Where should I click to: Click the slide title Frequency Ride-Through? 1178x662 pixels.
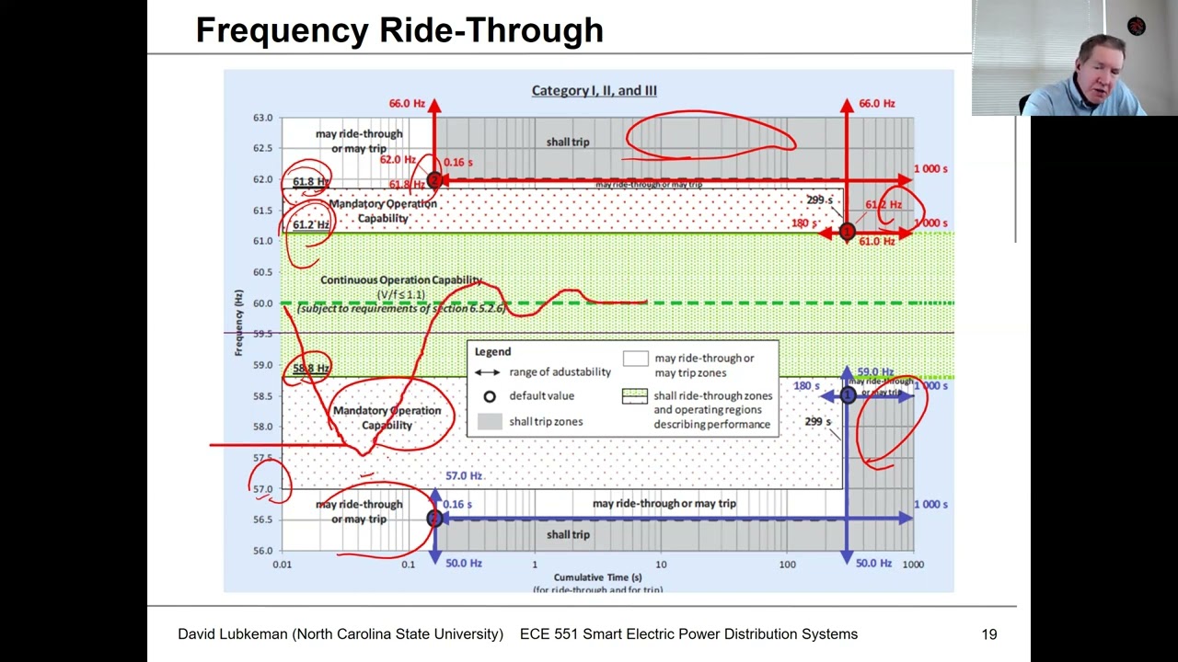pos(399,30)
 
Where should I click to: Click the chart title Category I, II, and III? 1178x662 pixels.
pos(594,90)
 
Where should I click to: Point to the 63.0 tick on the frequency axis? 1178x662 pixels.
pos(263,118)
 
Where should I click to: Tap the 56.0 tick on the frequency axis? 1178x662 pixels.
pos(263,550)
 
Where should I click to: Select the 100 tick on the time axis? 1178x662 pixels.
pos(787,564)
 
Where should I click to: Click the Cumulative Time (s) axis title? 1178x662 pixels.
pos(597,577)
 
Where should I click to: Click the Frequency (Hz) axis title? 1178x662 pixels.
pos(239,323)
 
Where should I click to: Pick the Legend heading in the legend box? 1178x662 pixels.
pos(492,351)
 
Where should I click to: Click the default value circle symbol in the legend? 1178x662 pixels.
pos(490,396)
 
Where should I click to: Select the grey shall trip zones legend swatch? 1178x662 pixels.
pos(490,421)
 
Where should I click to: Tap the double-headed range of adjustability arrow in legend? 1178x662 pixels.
pos(487,372)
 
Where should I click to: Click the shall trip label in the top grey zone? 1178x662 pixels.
pos(567,142)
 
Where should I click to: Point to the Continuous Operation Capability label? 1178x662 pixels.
pos(401,280)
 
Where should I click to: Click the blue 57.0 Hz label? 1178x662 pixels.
pos(464,475)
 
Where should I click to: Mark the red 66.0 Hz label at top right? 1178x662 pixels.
pos(876,104)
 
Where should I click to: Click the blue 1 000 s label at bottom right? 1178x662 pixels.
pos(930,504)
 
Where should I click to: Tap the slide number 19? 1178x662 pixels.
pos(989,633)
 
